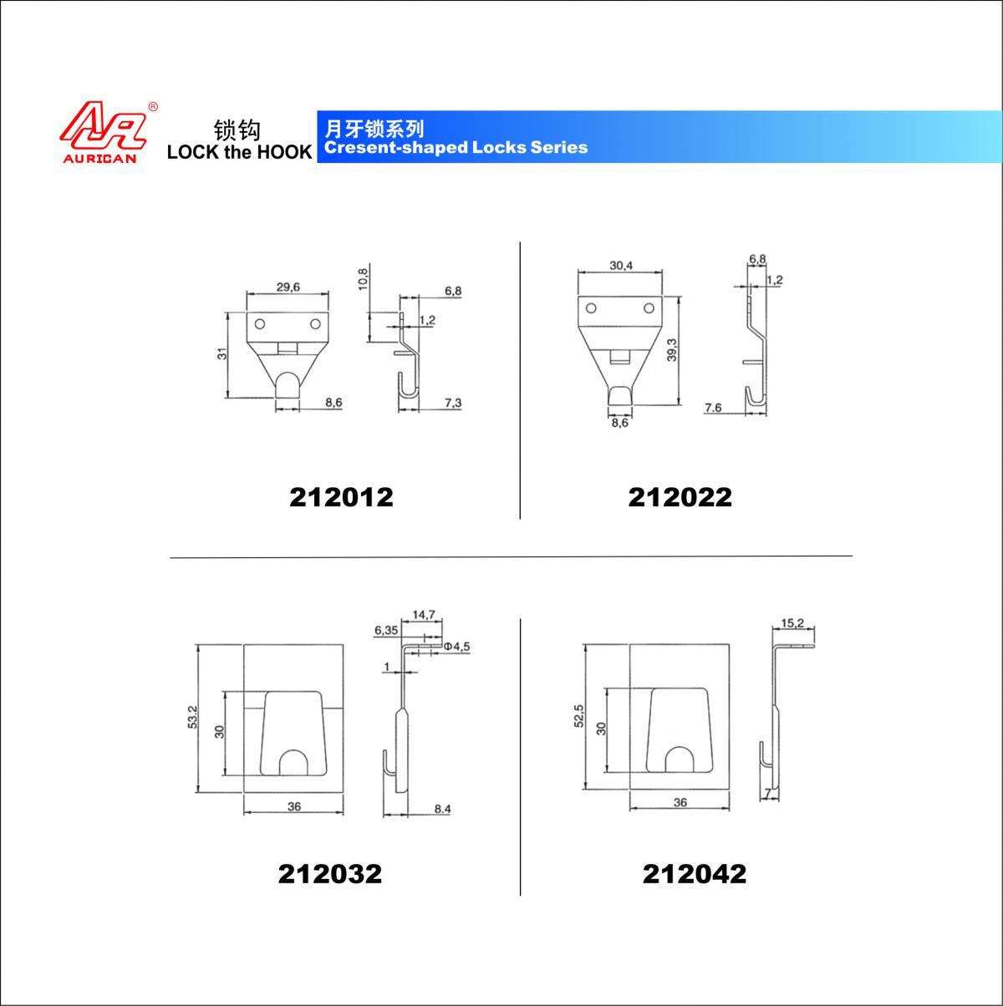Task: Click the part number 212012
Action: tap(341, 497)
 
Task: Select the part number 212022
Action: tap(680, 497)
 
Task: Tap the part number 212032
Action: tap(329, 874)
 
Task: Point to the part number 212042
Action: tap(695, 874)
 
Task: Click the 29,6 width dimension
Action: tap(288, 287)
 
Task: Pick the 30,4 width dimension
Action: tap(621, 266)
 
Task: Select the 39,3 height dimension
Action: tap(672, 350)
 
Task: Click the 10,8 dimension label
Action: tap(363, 277)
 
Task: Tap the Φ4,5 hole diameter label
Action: tap(457, 647)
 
